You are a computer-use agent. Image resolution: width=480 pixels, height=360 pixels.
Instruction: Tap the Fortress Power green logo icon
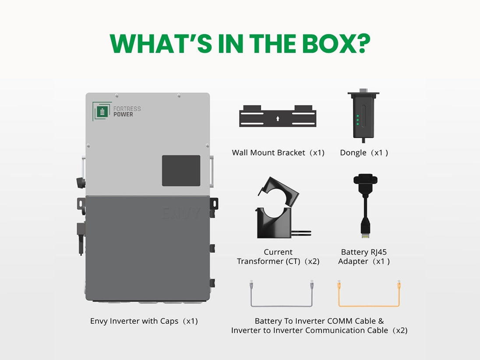tap(102, 111)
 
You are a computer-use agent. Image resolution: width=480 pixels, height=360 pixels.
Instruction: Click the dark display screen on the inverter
tap(181, 170)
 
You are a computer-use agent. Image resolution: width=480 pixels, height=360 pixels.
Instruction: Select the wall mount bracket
tap(278, 116)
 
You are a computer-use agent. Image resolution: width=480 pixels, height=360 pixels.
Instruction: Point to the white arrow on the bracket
tap(278, 119)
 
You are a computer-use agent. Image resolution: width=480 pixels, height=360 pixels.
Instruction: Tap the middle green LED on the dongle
tap(357, 120)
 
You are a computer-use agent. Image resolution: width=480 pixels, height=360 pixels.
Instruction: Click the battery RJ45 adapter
tap(366, 206)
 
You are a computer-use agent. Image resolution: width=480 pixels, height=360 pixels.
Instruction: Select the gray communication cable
tap(282, 305)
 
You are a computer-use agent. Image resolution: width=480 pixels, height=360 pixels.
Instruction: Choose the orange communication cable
tap(369, 305)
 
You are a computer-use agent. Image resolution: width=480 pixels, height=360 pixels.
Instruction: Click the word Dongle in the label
tap(353, 153)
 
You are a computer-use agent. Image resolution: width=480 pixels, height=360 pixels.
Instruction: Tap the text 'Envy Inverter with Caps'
tap(134, 321)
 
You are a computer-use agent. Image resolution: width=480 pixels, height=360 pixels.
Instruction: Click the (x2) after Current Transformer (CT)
tap(312, 261)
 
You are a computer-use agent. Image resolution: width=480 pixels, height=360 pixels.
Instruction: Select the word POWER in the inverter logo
tap(123, 114)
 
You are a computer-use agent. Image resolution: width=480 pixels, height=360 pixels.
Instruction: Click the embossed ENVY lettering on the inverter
tap(181, 213)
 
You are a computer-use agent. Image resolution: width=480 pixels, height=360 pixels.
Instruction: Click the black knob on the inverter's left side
tap(81, 183)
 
